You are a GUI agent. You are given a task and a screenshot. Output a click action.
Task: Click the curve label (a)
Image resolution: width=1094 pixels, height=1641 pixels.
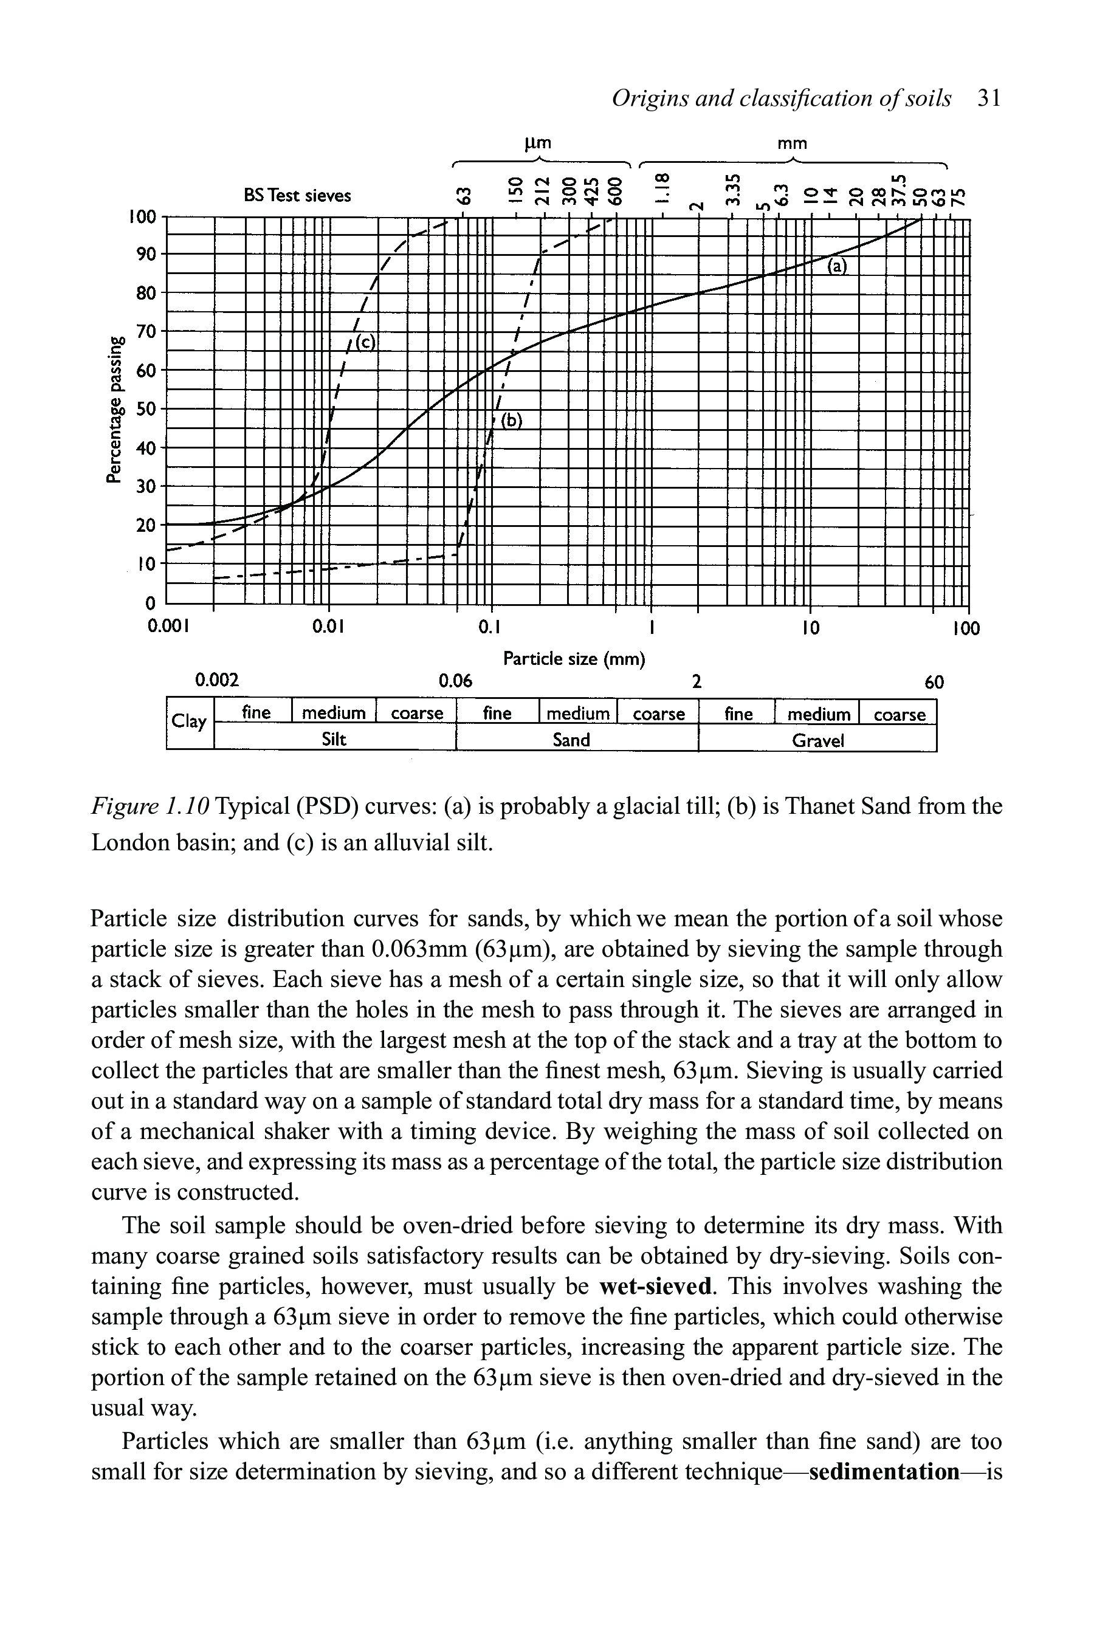pos(836,266)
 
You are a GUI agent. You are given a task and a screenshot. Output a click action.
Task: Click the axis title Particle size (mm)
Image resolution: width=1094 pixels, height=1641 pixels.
pos(574,658)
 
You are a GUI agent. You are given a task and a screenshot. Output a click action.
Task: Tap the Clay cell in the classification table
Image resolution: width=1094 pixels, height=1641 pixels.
pos(189,721)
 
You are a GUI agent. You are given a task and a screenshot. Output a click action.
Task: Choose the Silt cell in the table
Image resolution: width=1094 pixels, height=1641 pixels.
pos(334,740)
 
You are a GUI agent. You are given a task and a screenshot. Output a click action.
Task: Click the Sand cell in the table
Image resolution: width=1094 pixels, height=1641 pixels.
pos(571,740)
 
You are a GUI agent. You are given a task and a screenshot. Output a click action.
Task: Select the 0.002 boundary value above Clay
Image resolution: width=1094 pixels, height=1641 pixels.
pos(216,680)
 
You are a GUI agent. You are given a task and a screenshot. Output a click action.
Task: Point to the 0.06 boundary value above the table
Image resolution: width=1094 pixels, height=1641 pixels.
pos(455,680)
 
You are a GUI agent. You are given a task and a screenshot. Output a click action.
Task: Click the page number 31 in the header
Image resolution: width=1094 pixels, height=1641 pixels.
pos(989,98)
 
